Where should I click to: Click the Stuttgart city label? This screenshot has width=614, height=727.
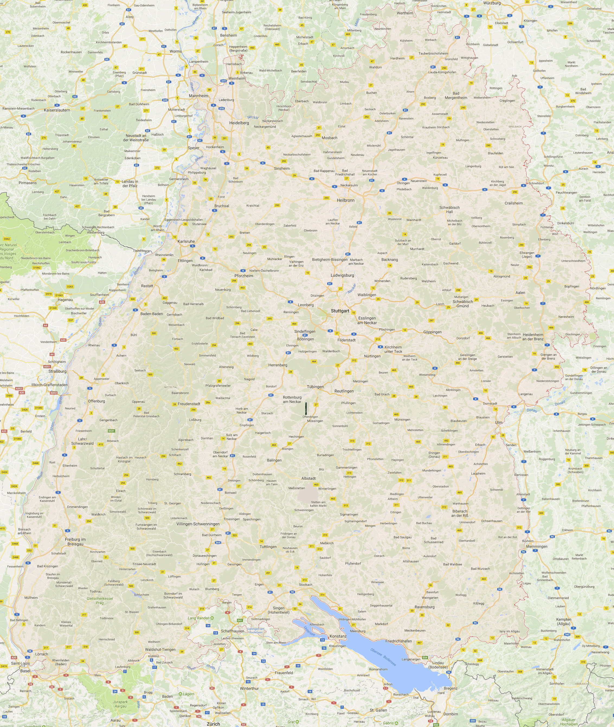coord(340,310)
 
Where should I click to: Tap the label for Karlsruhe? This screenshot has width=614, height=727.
coord(186,241)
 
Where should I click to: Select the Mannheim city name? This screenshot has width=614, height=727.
coord(198,96)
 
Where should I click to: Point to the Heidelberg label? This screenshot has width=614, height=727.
coord(239,123)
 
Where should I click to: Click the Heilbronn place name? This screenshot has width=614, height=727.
coord(346,200)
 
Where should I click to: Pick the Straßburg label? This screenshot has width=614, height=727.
coord(57,371)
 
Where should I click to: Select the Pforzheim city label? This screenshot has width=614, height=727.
coord(244,276)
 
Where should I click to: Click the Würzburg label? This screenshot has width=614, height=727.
coord(492,3)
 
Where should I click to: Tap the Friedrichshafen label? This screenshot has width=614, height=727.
coord(398,641)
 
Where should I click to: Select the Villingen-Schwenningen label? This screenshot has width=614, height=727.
coord(198,524)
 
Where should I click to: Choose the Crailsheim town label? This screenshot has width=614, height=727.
coord(514,203)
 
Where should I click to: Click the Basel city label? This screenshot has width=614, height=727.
coord(25,671)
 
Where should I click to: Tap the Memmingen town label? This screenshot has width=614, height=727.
coord(537,546)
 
